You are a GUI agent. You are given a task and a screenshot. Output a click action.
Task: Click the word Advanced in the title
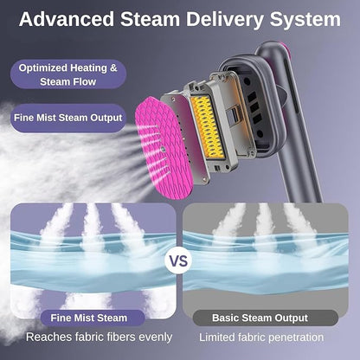click(x=67, y=19)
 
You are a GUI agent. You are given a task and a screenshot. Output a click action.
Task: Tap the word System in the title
click(x=305, y=20)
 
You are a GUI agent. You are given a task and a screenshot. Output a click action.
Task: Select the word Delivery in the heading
click(x=224, y=20)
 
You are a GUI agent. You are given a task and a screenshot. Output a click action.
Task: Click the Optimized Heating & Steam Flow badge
click(x=68, y=74)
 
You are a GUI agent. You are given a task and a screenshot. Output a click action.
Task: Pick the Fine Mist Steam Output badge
click(x=68, y=118)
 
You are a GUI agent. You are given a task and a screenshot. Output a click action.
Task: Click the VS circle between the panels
click(x=178, y=260)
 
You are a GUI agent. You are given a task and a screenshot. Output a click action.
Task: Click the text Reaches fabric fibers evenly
click(x=100, y=337)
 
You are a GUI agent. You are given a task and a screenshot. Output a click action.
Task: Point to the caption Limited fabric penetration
click(x=261, y=337)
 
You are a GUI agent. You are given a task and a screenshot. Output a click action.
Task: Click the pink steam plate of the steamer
click(x=164, y=148)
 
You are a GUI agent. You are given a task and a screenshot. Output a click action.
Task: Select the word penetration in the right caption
click(x=296, y=337)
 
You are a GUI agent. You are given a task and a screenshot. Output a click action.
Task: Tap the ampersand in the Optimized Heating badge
click(x=113, y=68)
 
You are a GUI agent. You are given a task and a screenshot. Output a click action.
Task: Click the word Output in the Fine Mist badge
click(x=106, y=119)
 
